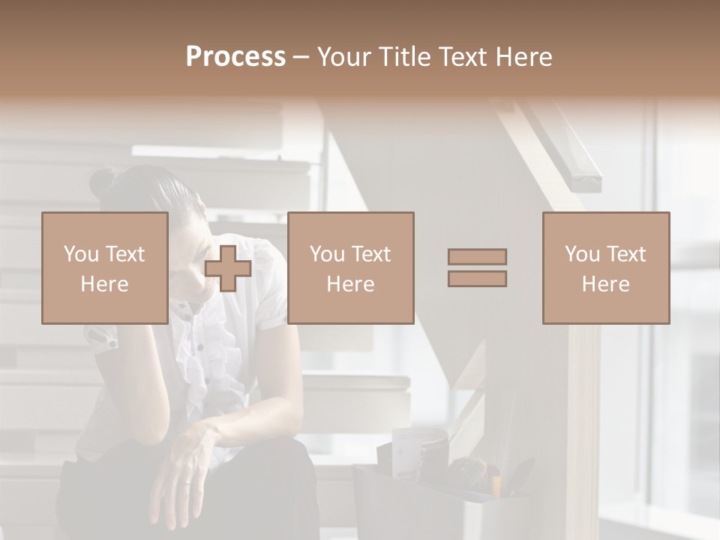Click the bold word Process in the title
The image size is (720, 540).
point(235,57)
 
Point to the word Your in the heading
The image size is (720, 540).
point(341,57)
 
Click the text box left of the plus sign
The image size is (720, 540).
point(105,268)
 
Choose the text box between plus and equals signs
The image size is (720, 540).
point(350,268)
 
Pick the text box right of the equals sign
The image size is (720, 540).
point(605,268)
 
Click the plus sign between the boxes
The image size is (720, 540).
point(228,268)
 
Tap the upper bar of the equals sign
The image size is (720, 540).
point(477,256)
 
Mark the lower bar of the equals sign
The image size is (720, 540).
point(477,278)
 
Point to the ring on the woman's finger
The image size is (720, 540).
point(187,484)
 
